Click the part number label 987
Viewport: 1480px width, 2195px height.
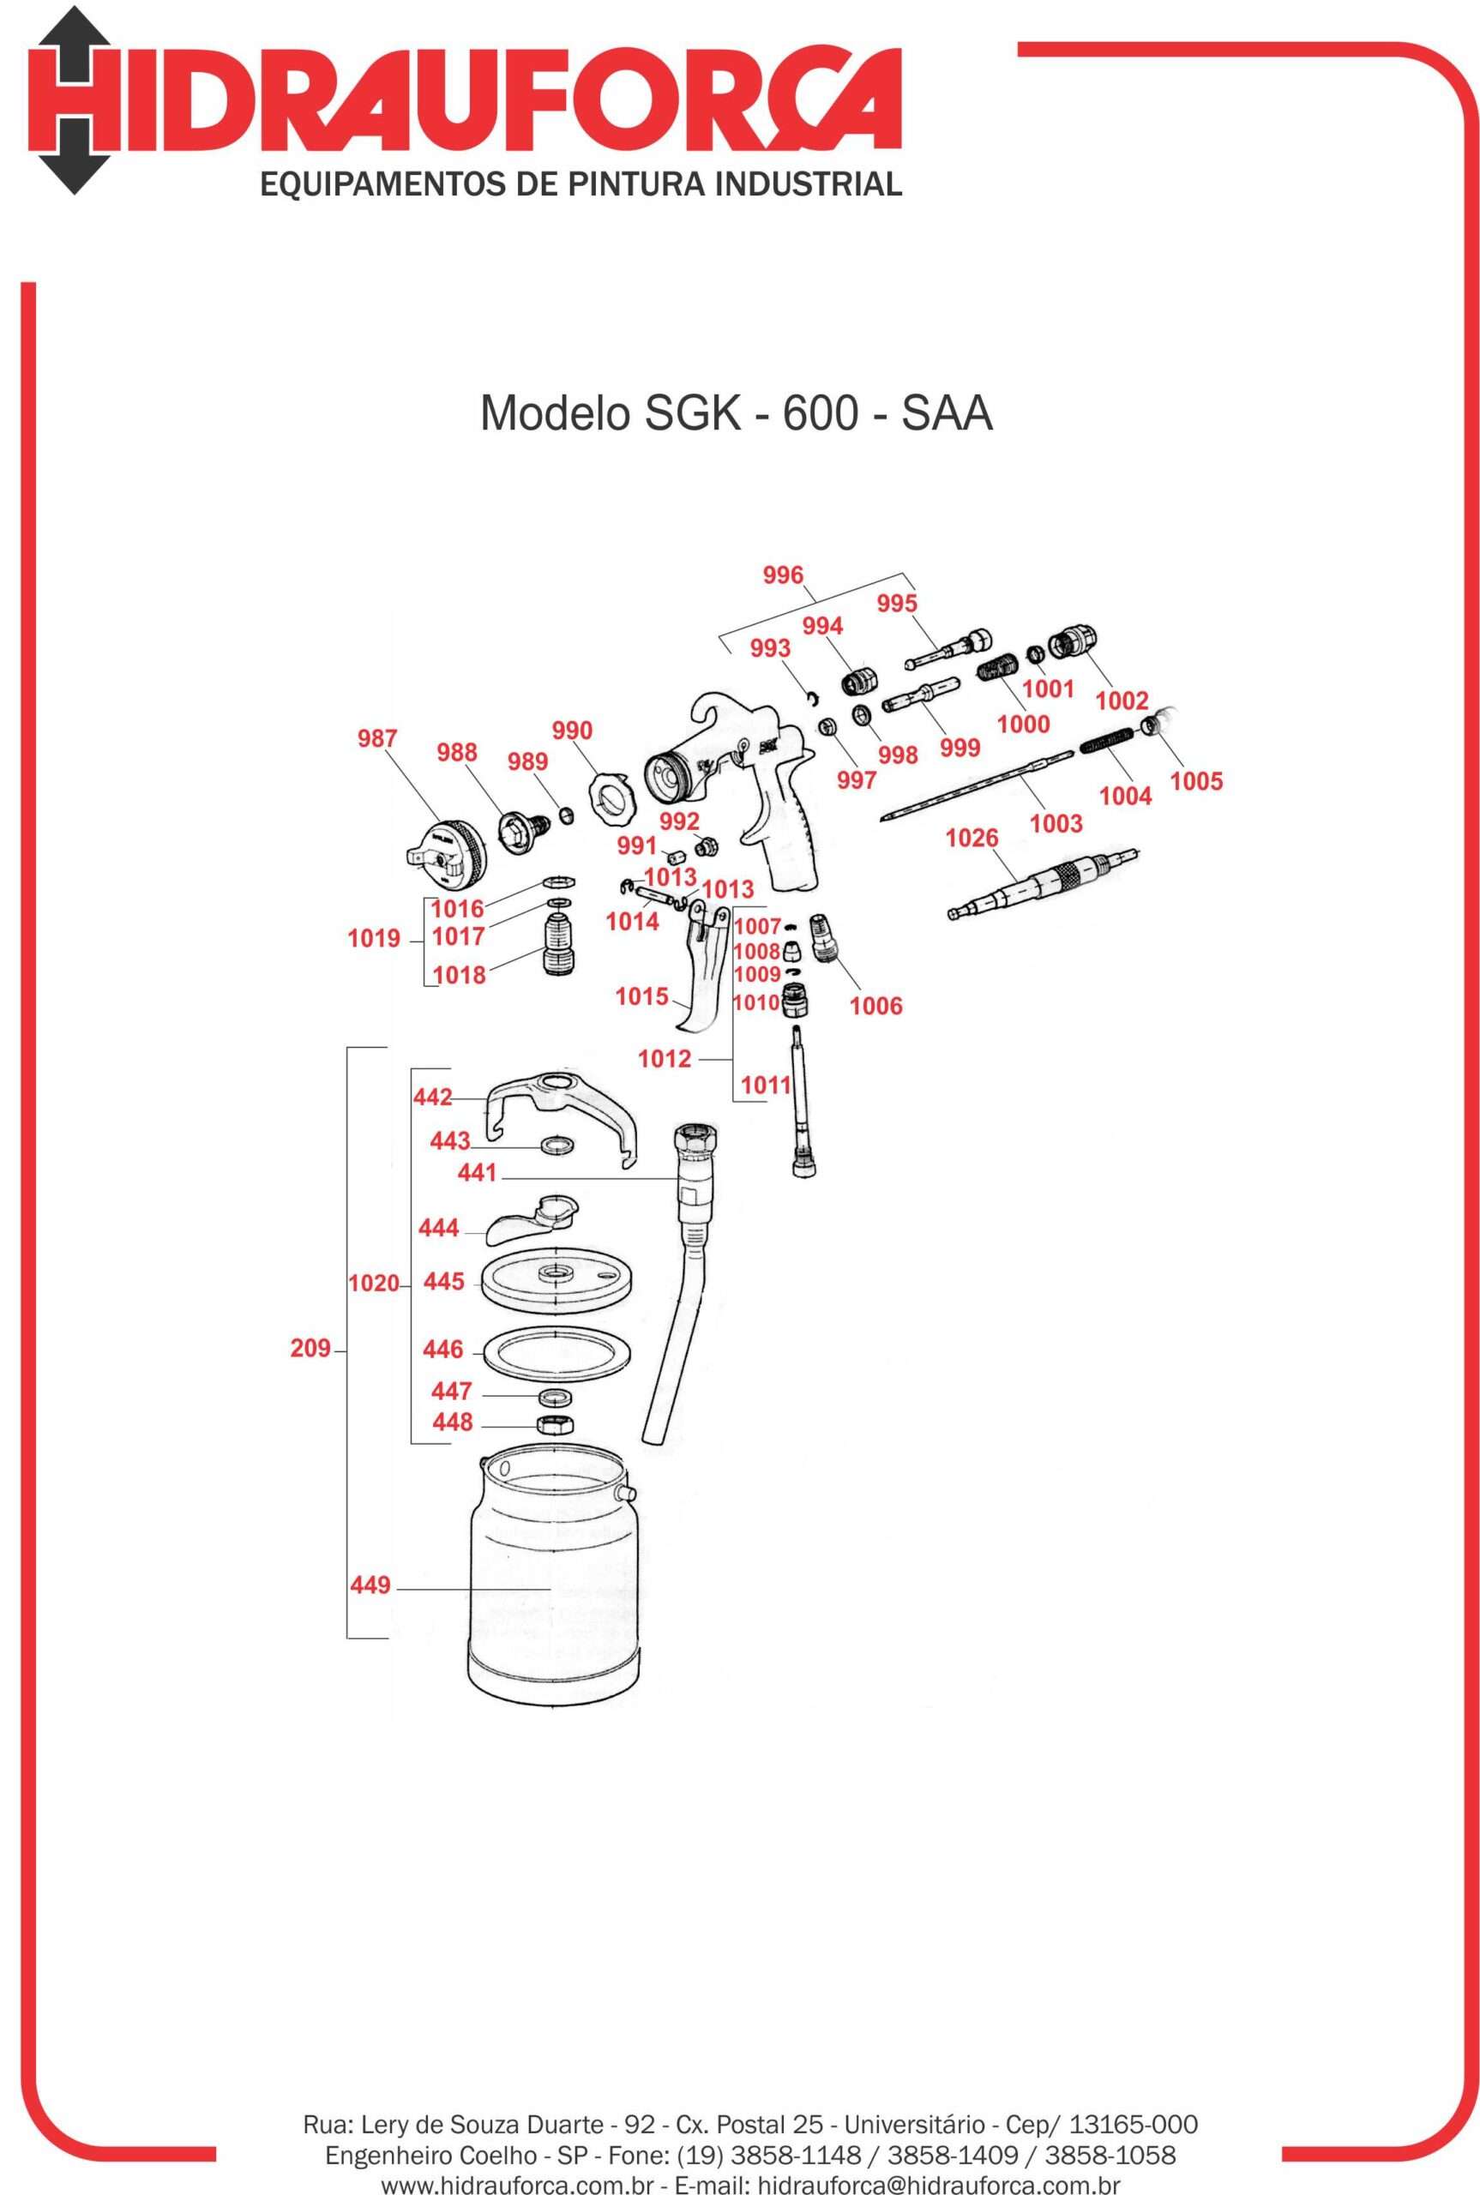click(377, 738)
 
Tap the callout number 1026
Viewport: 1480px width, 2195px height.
click(972, 838)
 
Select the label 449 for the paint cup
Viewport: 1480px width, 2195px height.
click(370, 1585)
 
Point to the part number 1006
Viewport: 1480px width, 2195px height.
click(876, 1006)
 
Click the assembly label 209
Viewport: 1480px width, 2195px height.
click(310, 1349)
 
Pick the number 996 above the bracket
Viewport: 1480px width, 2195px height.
click(783, 575)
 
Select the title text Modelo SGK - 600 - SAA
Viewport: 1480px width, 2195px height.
click(737, 413)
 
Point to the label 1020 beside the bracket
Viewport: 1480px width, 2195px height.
click(374, 1284)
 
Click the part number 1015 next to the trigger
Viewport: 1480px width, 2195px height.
click(642, 996)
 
